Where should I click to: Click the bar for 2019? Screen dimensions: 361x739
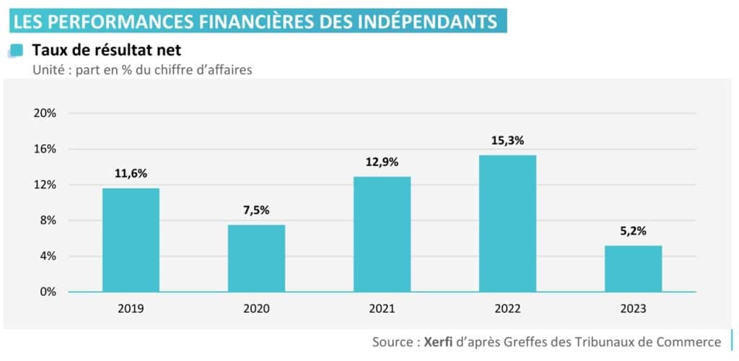131,240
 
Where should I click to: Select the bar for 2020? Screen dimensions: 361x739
256,258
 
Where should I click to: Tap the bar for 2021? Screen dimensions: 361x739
382,234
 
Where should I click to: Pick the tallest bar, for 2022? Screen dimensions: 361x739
507,223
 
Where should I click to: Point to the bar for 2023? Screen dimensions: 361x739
633,268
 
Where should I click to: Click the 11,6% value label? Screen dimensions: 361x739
131,173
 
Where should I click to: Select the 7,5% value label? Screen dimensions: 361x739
256,210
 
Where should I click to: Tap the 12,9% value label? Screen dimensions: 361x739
382,162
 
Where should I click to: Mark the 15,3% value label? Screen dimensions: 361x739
507,141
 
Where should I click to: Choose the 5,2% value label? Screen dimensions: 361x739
633,231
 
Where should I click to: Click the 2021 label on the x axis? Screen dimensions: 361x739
382,309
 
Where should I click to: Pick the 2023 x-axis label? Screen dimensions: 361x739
633,309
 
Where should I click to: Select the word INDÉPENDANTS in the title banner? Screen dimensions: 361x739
427,21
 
